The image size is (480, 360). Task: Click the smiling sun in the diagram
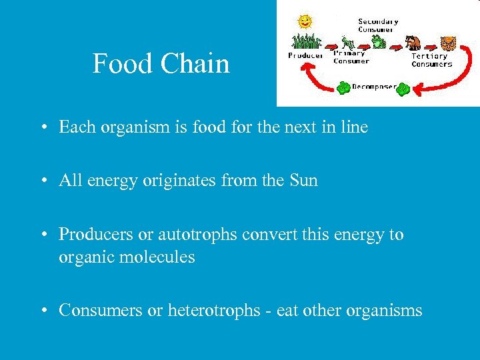point(305,21)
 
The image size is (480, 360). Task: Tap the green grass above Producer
point(305,41)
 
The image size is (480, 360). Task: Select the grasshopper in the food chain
point(346,43)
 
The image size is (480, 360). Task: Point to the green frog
point(378,42)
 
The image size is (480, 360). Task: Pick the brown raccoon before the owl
point(413,43)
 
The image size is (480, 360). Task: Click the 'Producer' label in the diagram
point(305,56)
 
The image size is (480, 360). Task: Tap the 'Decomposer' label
point(373,86)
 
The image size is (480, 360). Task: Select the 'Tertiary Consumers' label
point(431,60)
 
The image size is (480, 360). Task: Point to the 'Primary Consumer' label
point(351,57)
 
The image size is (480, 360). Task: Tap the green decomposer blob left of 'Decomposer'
point(343,87)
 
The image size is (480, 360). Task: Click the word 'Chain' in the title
point(199,64)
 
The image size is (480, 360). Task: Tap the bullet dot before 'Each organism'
point(42,127)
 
